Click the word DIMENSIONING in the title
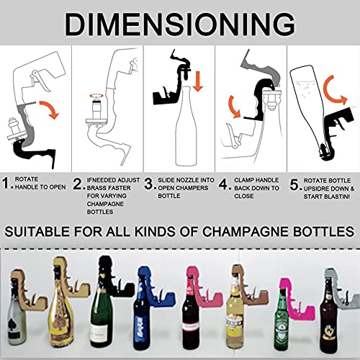179,23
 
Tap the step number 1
6,184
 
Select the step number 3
149,184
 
